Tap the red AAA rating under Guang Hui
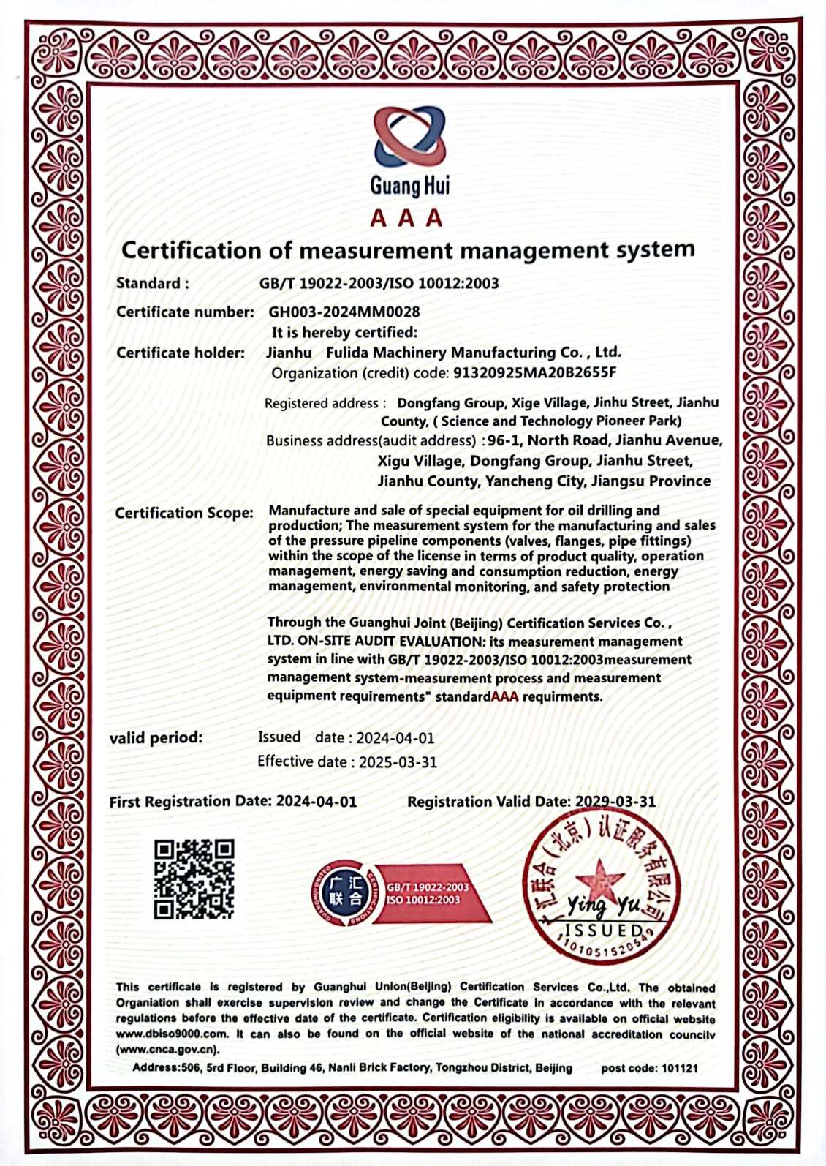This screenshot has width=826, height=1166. pyautogui.click(x=406, y=218)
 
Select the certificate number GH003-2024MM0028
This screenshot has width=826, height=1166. pyautogui.click(x=344, y=312)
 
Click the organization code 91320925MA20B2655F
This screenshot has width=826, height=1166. pyautogui.click(x=535, y=373)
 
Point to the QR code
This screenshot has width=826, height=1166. pyautogui.click(x=194, y=879)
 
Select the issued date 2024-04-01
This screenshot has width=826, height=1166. pyautogui.click(x=395, y=738)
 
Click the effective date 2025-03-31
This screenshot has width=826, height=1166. pyautogui.click(x=398, y=762)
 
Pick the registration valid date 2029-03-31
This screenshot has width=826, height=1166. pyautogui.click(x=615, y=802)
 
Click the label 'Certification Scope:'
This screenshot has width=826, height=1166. pyautogui.click(x=184, y=514)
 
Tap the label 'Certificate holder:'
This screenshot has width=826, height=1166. pyautogui.click(x=181, y=353)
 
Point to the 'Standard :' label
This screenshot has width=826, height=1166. pyautogui.click(x=152, y=284)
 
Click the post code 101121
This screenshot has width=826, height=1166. pyautogui.click(x=679, y=1069)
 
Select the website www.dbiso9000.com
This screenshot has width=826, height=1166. pyautogui.click(x=172, y=1034)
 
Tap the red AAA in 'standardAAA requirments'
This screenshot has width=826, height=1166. pyautogui.click(x=504, y=697)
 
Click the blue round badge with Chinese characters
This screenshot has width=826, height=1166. pyautogui.click(x=344, y=892)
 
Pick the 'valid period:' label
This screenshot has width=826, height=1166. pyautogui.click(x=156, y=738)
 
